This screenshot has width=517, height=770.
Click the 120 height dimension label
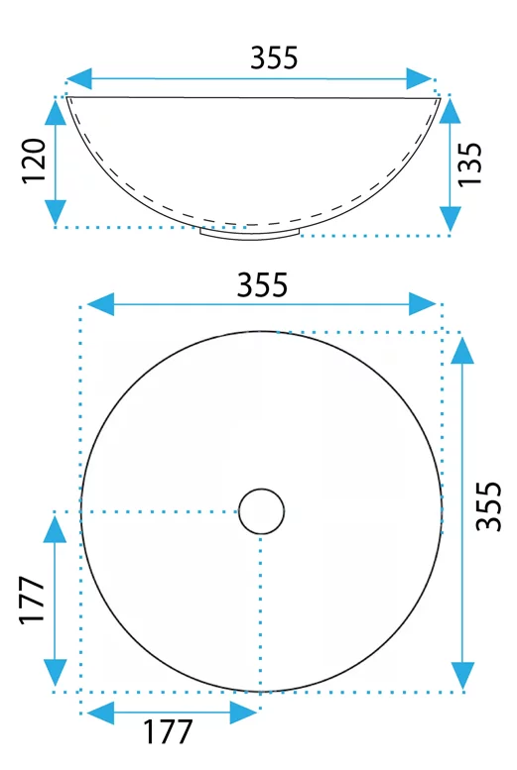click(x=34, y=162)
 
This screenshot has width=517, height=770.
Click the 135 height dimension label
click(x=469, y=165)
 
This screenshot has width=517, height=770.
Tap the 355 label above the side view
click(x=274, y=57)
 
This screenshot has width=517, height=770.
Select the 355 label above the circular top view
click(x=262, y=284)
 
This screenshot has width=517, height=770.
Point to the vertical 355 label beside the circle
click(x=488, y=505)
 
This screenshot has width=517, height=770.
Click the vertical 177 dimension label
click(x=32, y=601)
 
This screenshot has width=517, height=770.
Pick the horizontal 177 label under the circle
click(x=168, y=732)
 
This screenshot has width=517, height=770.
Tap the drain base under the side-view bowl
click(x=250, y=233)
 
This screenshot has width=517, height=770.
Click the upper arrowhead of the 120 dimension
click(x=56, y=110)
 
